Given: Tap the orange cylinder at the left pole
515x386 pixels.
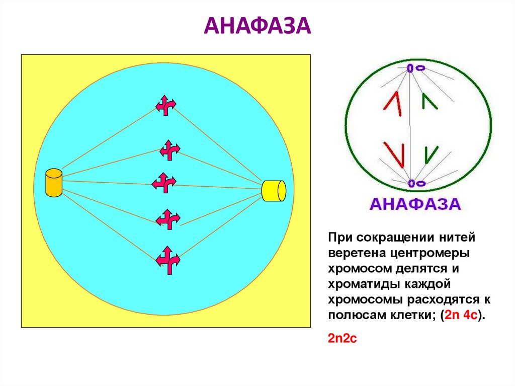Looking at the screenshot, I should pos(53,183).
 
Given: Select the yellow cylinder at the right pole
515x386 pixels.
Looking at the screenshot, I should pos(274,191).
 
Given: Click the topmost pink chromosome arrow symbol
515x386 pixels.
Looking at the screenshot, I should pos(165,105).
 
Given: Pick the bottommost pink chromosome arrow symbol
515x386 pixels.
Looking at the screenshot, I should pos(167,259).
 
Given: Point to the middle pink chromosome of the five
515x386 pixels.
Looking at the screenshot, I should pos(164,183).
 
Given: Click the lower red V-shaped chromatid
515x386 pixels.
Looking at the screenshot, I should pos(394,153).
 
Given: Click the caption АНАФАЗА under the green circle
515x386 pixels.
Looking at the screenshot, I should pos(415,204).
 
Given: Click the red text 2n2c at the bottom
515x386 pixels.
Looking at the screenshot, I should pos(342,339).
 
